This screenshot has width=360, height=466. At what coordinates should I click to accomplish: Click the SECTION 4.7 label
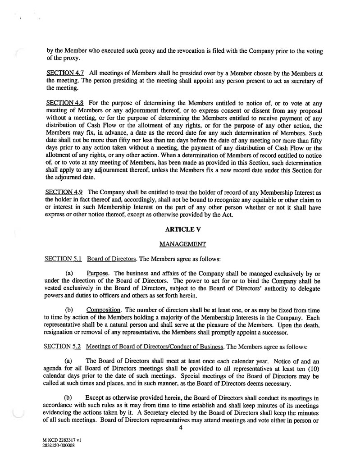64,73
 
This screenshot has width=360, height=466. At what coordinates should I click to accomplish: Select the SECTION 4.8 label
64,103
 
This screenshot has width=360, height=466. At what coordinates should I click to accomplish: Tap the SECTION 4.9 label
64,192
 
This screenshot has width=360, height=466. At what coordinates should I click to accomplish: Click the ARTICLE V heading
180,229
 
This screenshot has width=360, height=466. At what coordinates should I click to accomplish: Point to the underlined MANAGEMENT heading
180,244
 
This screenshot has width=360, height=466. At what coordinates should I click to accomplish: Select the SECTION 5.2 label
64,347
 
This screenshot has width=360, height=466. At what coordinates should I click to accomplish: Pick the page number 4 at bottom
180,428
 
